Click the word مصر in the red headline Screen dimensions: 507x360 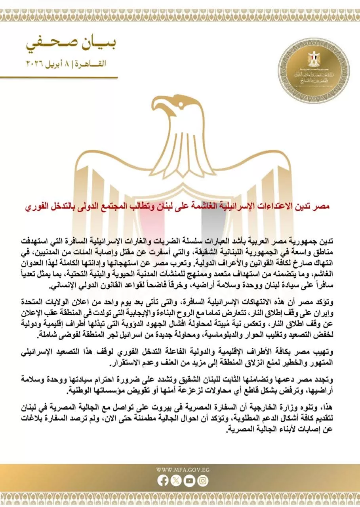(x=322, y=207)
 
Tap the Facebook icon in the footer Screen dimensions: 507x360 (x=163, y=480)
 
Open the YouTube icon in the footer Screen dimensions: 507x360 (x=189, y=480)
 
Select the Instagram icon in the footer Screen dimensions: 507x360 (x=203, y=480)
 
